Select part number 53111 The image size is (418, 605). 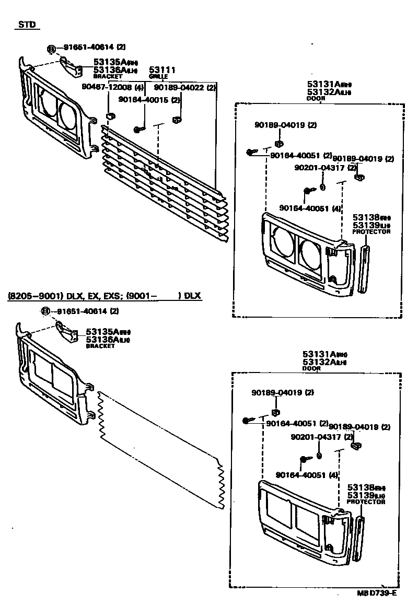tap(162, 69)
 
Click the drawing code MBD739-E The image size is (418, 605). tap(377, 593)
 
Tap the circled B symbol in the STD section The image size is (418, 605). tap(51, 49)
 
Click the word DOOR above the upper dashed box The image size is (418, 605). tap(316, 98)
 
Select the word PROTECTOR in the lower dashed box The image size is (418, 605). tap(366, 502)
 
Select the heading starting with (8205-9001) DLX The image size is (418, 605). tap(104, 296)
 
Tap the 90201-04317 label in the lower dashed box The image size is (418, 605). tap(323, 437)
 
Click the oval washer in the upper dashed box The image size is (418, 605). tap(322, 188)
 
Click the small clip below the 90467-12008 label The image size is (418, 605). tap(110, 115)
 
